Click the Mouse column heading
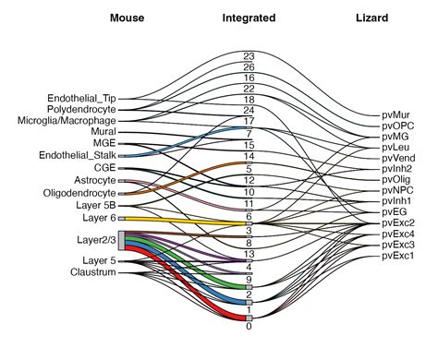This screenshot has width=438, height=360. coord(127,18)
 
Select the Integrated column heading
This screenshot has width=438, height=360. coord(249,18)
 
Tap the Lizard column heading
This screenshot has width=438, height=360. coord(371,18)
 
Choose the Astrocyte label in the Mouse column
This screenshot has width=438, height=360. coord(94,180)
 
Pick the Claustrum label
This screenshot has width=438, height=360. coord(92,272)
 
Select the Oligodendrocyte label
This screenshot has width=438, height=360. coord(79,193)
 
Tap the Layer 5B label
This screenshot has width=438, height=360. coord(97,206)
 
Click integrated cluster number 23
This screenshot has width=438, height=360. coord(249,56)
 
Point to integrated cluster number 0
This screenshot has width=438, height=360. coord(249,326)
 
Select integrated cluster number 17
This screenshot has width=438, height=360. coord(249,121)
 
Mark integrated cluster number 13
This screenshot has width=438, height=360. coord(249,254)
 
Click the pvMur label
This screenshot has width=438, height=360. coord(395,115)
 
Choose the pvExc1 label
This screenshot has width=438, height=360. coord(398,256)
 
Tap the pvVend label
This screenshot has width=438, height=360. coord(398,158)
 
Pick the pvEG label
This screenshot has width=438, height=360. coord(395,211)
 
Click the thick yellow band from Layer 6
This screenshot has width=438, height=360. coord(185,220)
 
